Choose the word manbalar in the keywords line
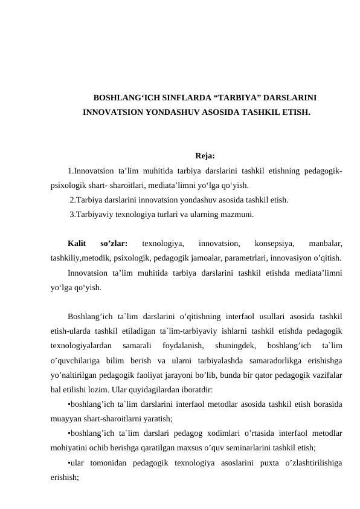pos(325,244)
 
